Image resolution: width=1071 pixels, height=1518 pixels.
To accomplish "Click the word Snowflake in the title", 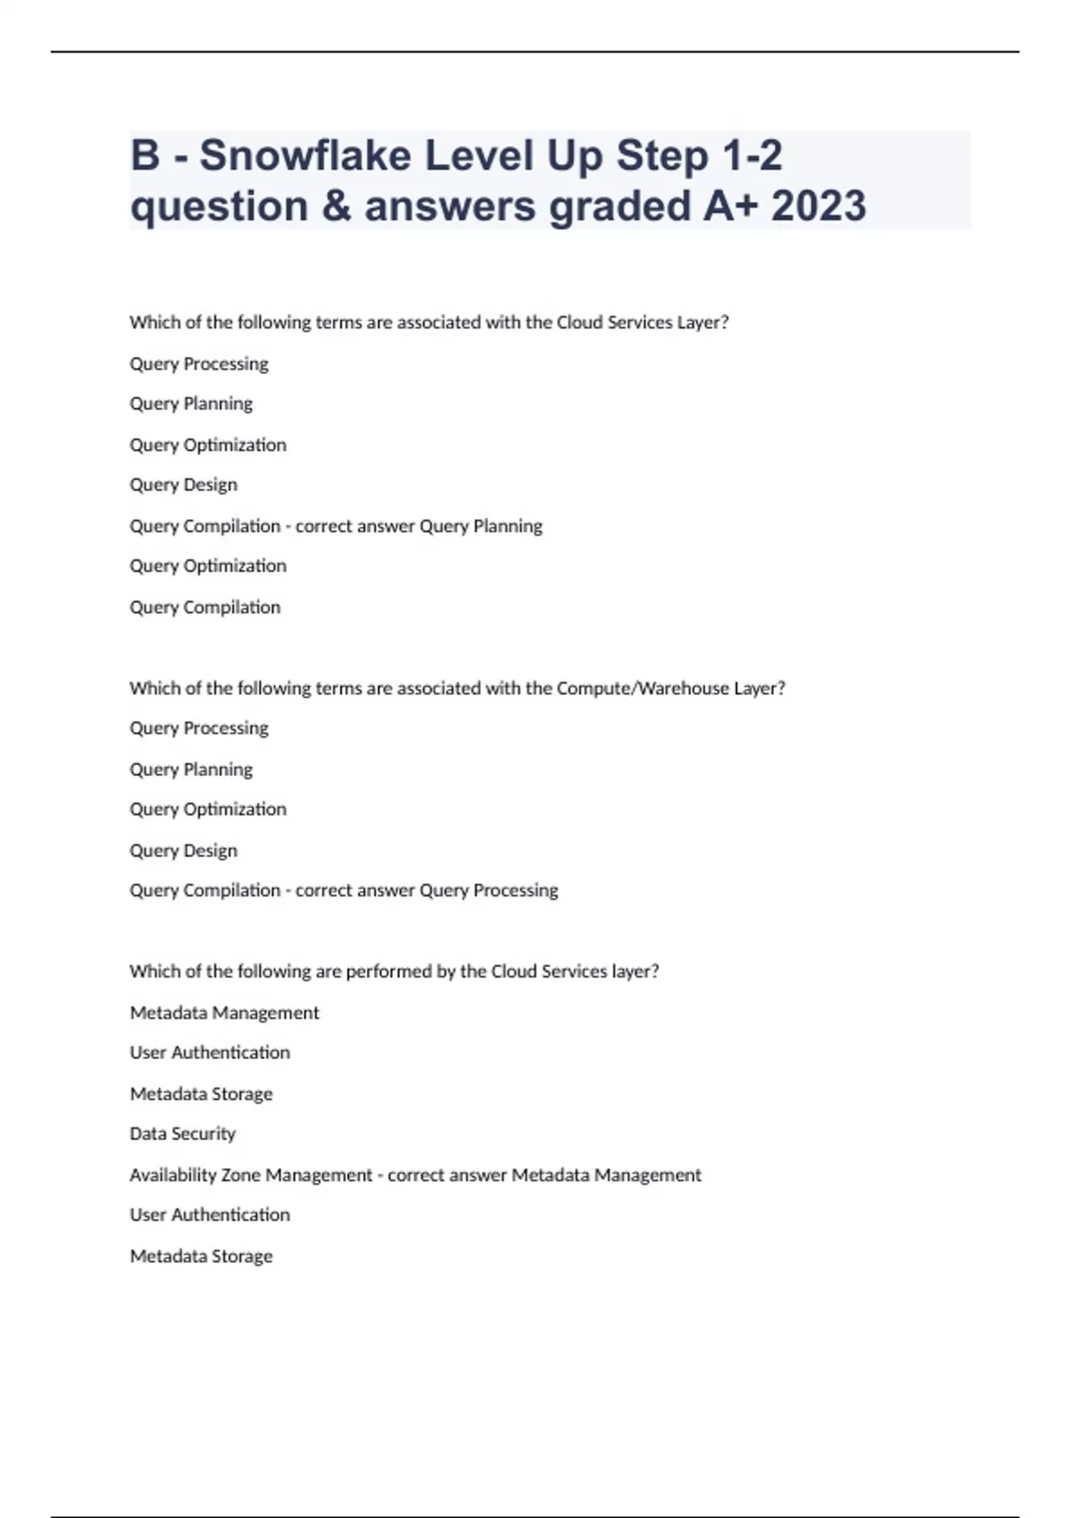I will (305, 155).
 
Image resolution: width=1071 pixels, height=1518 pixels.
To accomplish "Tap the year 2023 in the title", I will (818, 206).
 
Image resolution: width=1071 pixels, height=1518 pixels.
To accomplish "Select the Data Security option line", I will (183, 1134).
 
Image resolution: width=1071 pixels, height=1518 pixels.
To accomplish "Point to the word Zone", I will (241, 1175).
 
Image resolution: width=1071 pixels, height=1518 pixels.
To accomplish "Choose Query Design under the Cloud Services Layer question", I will (184, 485).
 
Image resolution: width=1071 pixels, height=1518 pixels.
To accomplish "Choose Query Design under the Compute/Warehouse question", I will (184, 850).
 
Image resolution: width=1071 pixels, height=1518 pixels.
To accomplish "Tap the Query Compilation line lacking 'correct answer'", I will (205, 607).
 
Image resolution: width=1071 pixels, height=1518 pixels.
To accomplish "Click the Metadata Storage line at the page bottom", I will (202, 1256).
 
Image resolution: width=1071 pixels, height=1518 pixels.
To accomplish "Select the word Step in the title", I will (663, 155).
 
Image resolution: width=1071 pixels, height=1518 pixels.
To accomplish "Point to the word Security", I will (204, 1134).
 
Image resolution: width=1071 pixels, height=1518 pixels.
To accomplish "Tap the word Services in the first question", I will (639, 322).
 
